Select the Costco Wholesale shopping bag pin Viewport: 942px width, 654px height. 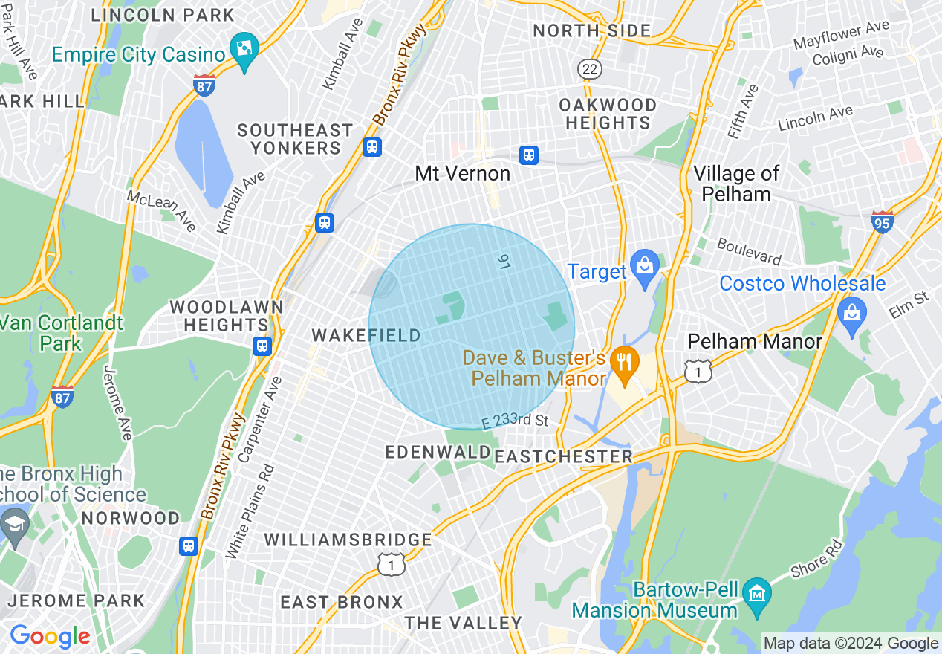852,313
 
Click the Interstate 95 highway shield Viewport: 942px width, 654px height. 882,221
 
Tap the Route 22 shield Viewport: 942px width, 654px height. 590,68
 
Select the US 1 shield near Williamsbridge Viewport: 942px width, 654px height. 391,564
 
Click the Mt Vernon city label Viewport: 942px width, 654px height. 463,174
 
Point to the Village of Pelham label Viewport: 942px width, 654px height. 736,184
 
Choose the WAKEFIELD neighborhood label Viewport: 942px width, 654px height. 366,336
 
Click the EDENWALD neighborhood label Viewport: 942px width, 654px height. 438,453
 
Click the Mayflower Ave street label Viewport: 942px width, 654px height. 841,36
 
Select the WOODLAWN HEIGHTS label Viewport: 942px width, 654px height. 227,316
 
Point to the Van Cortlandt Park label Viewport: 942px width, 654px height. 61,333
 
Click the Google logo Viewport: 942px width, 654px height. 49,636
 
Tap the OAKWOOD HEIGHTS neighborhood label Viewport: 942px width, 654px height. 608,114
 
